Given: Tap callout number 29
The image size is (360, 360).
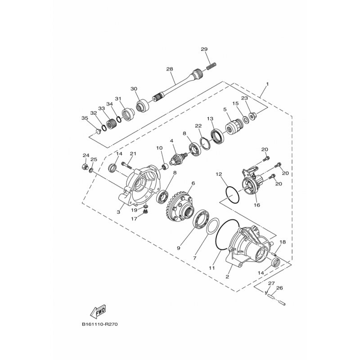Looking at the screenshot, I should point(204,49).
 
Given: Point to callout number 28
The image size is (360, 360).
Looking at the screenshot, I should point(170,69).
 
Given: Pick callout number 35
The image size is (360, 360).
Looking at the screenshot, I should point(84,118).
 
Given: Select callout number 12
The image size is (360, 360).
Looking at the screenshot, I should point(218,173).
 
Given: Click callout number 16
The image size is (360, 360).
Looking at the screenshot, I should point(257,205).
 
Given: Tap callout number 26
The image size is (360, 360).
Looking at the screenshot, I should point(279,288).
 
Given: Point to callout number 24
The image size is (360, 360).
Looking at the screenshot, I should point(85,156).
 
